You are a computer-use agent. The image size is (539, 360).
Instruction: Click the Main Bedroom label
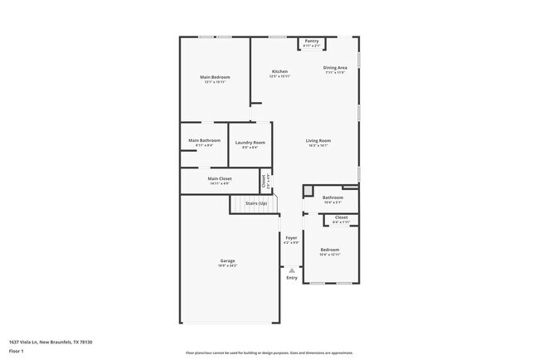coord(215,77)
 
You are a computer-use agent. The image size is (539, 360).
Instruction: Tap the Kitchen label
coord(279,72)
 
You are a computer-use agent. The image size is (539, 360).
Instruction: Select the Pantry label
coord(312,41)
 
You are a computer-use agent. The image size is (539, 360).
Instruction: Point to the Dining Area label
coord(335,68)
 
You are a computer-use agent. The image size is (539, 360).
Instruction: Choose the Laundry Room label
coord(250,143)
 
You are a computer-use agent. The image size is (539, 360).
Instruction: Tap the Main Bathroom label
coord(204,140)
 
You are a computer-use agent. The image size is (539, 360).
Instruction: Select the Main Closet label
coord(220,178)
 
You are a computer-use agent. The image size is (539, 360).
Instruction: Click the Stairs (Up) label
coord(255,203)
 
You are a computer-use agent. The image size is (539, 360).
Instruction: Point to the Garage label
coord(227,261)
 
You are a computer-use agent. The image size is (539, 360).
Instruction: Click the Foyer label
coord(291,237)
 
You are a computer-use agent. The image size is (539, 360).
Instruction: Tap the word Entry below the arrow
coord(291,277)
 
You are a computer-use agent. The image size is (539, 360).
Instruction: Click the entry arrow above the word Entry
coord(291,269)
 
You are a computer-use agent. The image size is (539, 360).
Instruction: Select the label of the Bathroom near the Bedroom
coord(333,197)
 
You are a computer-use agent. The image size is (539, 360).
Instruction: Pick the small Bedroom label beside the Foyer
coord(330,250)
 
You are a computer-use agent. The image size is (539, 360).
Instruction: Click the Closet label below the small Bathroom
coord(342,219)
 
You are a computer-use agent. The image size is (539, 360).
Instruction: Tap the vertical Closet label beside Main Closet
coord(264,179)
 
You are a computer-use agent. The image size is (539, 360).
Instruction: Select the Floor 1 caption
coord(17,351)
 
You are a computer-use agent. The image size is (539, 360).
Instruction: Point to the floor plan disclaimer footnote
coord(269,353)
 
